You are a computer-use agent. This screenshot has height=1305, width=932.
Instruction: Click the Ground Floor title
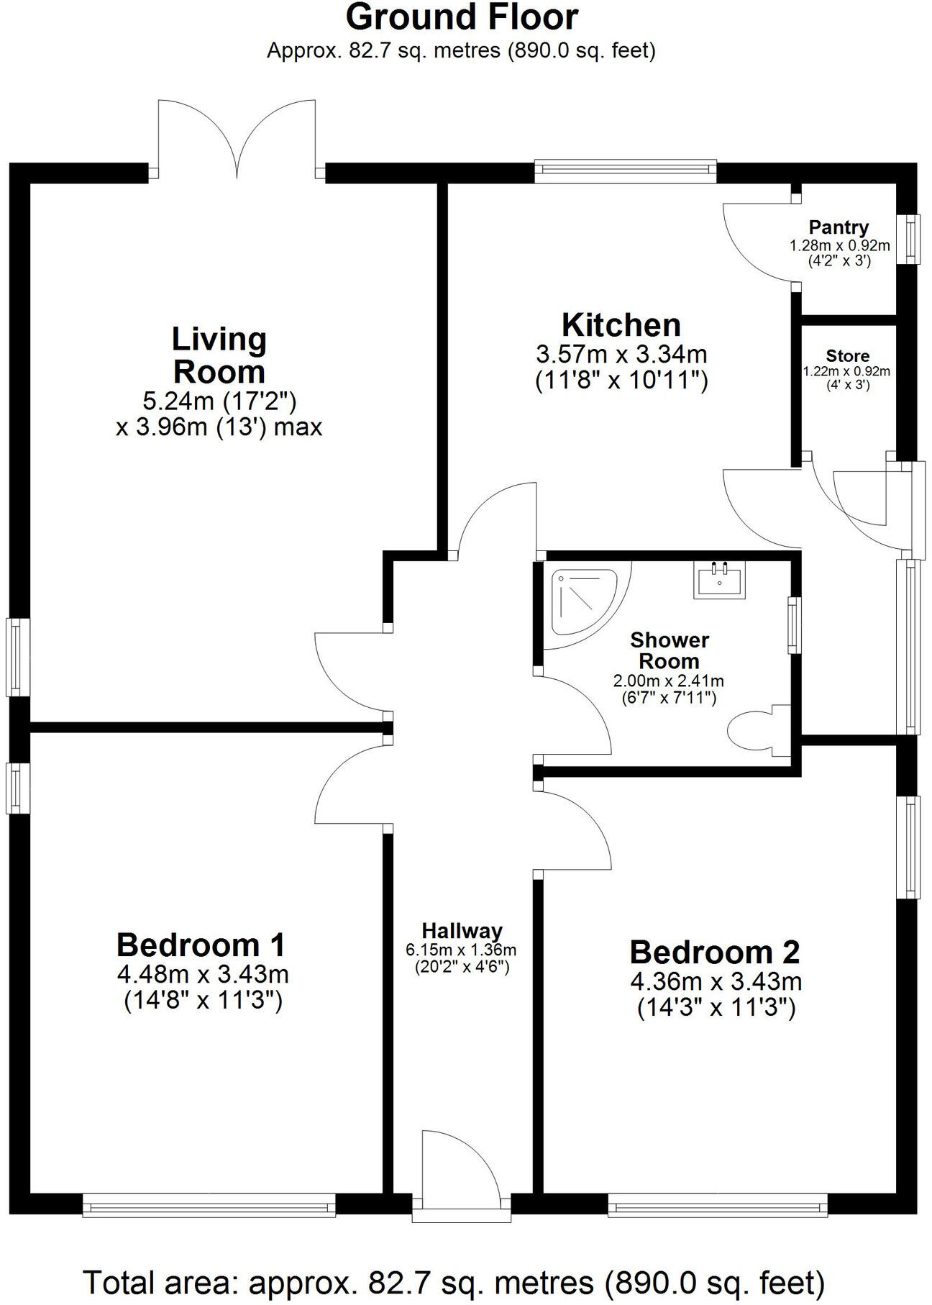pos(462,18)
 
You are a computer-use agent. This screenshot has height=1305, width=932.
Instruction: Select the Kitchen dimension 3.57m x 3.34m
pos(621,354)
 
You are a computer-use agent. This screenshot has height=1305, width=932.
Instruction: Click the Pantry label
pos(839,227)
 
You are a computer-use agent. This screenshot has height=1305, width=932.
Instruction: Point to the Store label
pos(847,355)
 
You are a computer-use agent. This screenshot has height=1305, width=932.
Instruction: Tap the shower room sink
pos(720,579)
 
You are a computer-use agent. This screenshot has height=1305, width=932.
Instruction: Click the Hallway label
pos(462,930)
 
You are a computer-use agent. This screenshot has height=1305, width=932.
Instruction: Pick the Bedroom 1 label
pos(201,944)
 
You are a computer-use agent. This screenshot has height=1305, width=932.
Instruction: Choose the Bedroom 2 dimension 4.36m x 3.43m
pos(716,981)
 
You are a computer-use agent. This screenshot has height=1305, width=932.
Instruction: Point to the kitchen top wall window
pos(626,169)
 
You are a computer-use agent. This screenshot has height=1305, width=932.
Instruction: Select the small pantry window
pos(912,238)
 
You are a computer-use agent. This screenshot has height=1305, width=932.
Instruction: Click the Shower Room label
pos(669,650)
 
